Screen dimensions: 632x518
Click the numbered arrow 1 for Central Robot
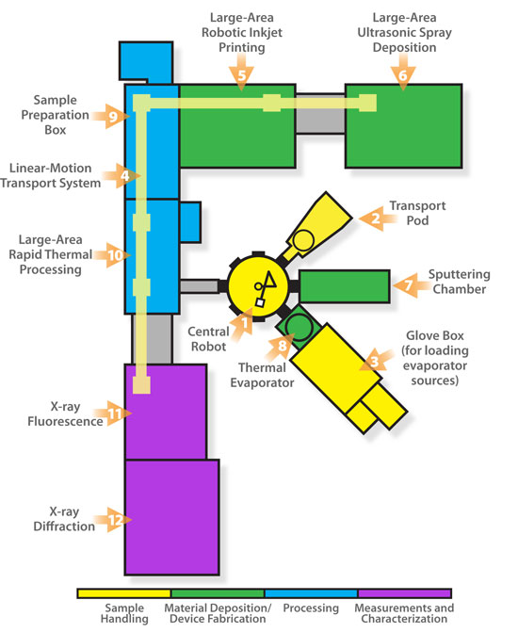[x=244, y=324]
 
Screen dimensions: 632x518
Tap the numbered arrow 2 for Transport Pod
[x=374, y=219]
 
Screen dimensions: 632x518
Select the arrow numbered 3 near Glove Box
[x=373, y=360]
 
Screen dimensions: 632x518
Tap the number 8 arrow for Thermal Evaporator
[x=279, y=346]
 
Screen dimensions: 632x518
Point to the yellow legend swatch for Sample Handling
[x=123, y=594]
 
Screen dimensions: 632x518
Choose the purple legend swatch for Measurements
[x=402, y=594]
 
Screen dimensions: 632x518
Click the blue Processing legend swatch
[x=310, y=594]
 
